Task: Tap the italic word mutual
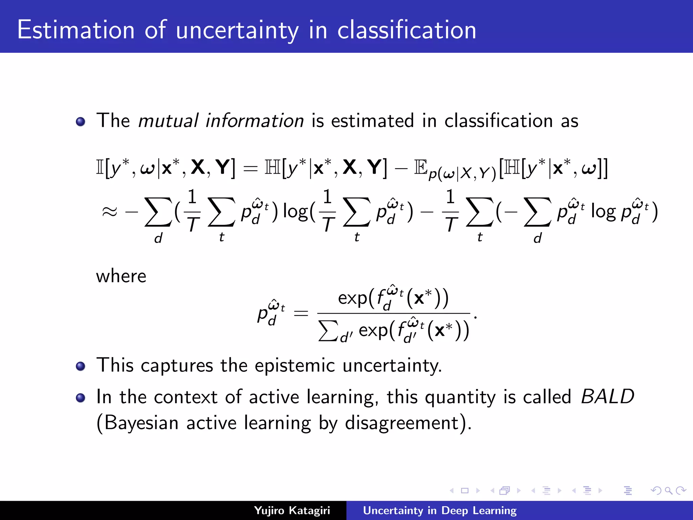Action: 168,121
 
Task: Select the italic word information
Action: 255,121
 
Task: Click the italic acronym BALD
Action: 607,396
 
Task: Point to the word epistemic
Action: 295,366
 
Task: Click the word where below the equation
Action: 121,276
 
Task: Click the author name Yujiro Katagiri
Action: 292,511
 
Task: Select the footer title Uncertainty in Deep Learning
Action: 440,511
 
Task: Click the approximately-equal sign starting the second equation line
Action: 109,212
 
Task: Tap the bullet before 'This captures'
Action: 81,366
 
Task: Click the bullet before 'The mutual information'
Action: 81,122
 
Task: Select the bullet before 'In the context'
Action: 81,397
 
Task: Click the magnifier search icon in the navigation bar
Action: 668,491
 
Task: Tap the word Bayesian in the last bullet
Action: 141,423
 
